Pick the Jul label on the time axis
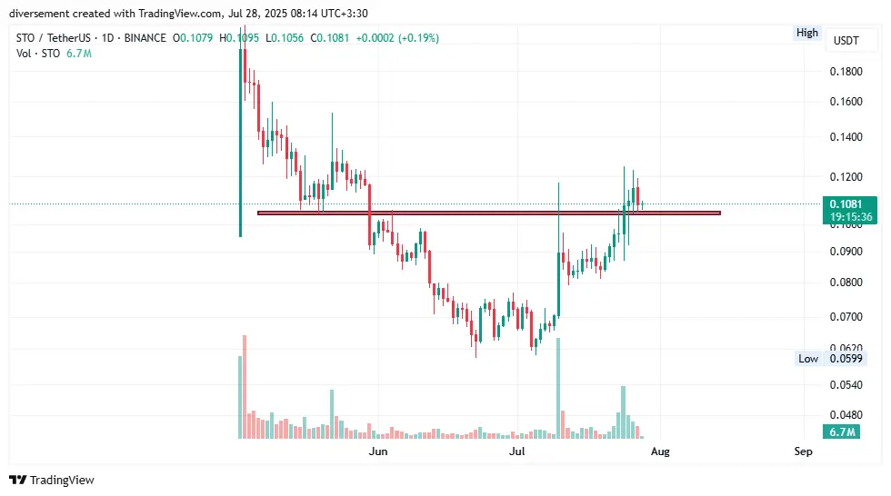(x=517, y=451)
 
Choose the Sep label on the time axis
(x=803, y=451)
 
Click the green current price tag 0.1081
(x=852, y=204)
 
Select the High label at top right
(x=806, y=33)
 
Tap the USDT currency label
(x=846, y=41)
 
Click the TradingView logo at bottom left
(x=52, y=480)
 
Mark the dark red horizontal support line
(x=488, y=213)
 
